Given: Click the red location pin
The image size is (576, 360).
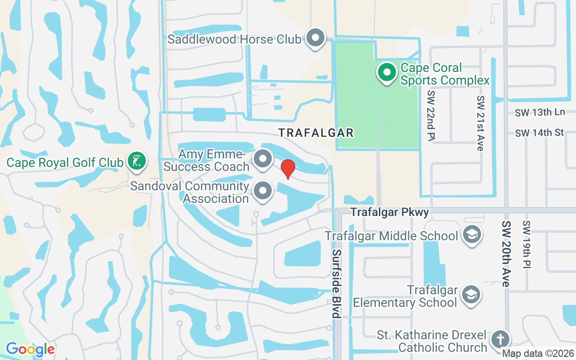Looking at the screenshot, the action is [288, 168].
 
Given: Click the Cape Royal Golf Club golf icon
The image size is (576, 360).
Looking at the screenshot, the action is [135, 162].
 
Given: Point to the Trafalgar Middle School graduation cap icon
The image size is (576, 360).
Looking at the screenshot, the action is [472, 234].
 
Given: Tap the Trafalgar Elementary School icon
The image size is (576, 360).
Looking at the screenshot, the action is [471, 295].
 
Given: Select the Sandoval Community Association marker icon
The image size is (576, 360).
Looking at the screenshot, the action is [263, 191].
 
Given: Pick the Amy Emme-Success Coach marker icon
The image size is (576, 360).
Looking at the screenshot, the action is [263, 159].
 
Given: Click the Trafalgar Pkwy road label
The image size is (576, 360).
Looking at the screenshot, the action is [390, 212].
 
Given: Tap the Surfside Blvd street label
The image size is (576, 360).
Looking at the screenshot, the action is [336, 283].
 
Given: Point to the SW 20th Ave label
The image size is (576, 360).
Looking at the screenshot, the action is [507, 254].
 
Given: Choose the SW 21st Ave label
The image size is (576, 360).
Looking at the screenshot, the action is [481, 123].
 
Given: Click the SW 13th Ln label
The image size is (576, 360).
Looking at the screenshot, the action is [540, 112].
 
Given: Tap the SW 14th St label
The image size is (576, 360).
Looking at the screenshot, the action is [540, 133].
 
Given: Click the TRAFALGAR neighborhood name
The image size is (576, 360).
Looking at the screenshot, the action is [316, 133].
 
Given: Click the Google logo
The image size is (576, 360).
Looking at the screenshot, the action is [30, 349].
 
